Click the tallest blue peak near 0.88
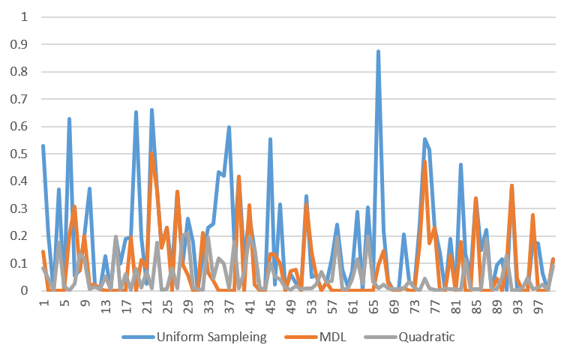(379, 51)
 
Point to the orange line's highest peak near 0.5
(151, 154)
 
